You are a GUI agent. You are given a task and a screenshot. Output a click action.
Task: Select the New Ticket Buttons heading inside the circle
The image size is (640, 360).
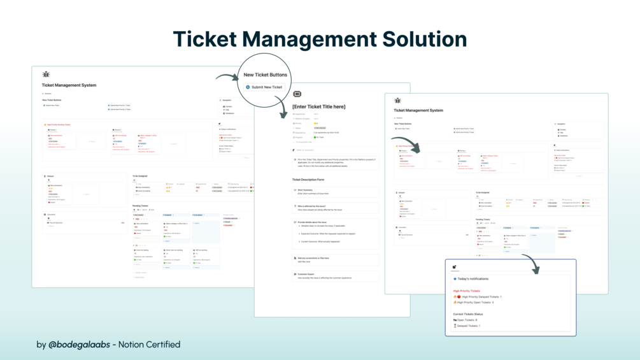click(266, 75)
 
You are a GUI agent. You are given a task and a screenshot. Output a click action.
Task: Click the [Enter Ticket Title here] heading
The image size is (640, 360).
click(318, 106)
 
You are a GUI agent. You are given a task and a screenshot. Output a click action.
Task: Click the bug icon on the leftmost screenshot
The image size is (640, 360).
click(46, 75)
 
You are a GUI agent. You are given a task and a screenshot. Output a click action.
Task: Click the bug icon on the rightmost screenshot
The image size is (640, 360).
click(397, 101)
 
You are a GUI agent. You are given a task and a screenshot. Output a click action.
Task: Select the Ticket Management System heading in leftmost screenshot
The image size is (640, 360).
click(69, 85)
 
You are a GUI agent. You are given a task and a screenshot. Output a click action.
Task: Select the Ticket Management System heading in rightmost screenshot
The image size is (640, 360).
click(418, 110)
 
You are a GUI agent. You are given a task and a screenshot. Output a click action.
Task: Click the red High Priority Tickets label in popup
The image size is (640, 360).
click(467, 291)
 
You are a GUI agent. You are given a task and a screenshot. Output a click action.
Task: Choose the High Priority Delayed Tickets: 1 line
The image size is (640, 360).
click(481, 297)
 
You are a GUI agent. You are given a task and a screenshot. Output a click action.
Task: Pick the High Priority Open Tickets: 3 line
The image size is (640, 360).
click(478, 303)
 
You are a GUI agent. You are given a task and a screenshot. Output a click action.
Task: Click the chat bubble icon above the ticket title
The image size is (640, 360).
click(297, 94)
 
